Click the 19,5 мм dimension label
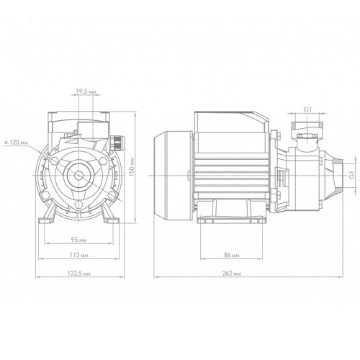click(86, 91)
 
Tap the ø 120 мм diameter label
click(17, 143)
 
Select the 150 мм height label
click(132, 167)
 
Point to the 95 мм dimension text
click(79, 240)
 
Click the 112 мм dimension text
click(79, 255)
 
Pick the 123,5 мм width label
click(79, 274)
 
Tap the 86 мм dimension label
click(231, 255)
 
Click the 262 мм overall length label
click(231, 274)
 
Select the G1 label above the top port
click(307, 109)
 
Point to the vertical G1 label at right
click(352, 175)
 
